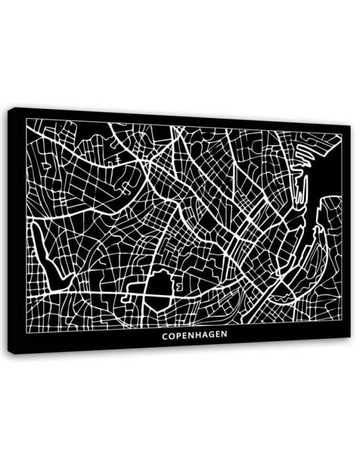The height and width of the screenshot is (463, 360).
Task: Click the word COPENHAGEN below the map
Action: (194, 335)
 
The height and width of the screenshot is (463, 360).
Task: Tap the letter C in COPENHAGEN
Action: (165, 335)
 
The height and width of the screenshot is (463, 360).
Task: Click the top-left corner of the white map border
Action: (26, 119)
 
